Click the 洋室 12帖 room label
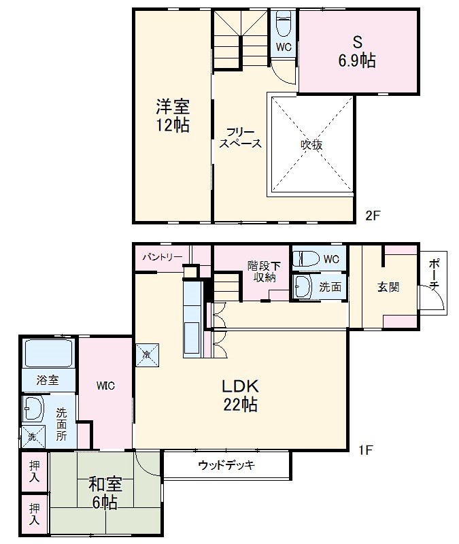tap(173, 116)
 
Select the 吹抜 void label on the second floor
tap(311, 145)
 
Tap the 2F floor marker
tap(373, 216)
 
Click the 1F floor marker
tap(367, 449)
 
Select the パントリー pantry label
tap(162, 258)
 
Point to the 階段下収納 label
tap(261, 271)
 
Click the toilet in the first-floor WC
tap(307, 259)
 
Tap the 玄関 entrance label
tap(388, 287)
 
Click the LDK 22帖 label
tap(239, 395)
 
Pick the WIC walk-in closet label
tap(105, 386)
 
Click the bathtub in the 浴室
tap(48, 354)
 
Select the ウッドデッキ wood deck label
tap(226, 466)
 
